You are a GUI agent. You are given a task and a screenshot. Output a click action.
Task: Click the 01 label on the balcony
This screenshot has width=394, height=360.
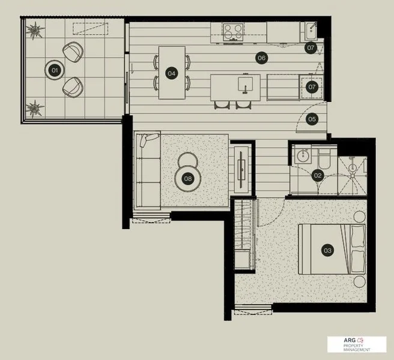54,70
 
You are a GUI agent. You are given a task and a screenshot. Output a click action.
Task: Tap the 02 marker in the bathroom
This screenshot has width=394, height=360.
318,176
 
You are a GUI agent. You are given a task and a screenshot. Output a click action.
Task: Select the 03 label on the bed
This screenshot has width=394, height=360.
327,251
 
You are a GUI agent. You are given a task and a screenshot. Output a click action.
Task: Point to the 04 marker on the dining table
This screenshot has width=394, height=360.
172,73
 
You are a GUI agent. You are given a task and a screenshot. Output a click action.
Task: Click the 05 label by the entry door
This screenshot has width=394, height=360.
312,119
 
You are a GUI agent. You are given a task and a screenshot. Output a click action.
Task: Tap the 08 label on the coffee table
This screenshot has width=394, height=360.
188,178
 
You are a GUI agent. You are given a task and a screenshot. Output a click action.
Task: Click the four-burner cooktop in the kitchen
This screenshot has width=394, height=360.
232,29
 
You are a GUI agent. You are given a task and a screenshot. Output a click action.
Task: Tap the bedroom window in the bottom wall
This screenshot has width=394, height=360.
252,310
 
